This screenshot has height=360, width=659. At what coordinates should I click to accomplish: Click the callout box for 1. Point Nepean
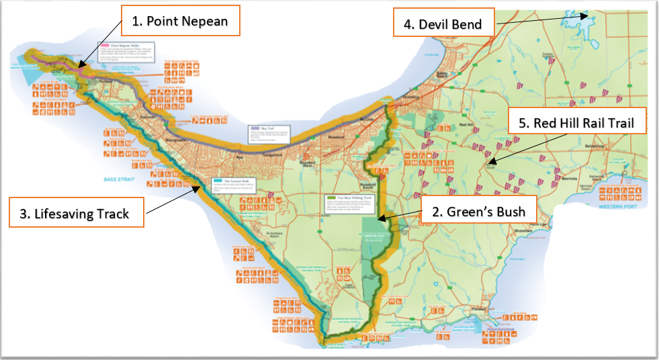(x=179, y=21)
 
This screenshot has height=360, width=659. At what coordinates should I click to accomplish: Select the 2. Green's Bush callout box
(x=478, y=212)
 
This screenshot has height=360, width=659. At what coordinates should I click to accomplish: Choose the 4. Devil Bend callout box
(x=443, y=24)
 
